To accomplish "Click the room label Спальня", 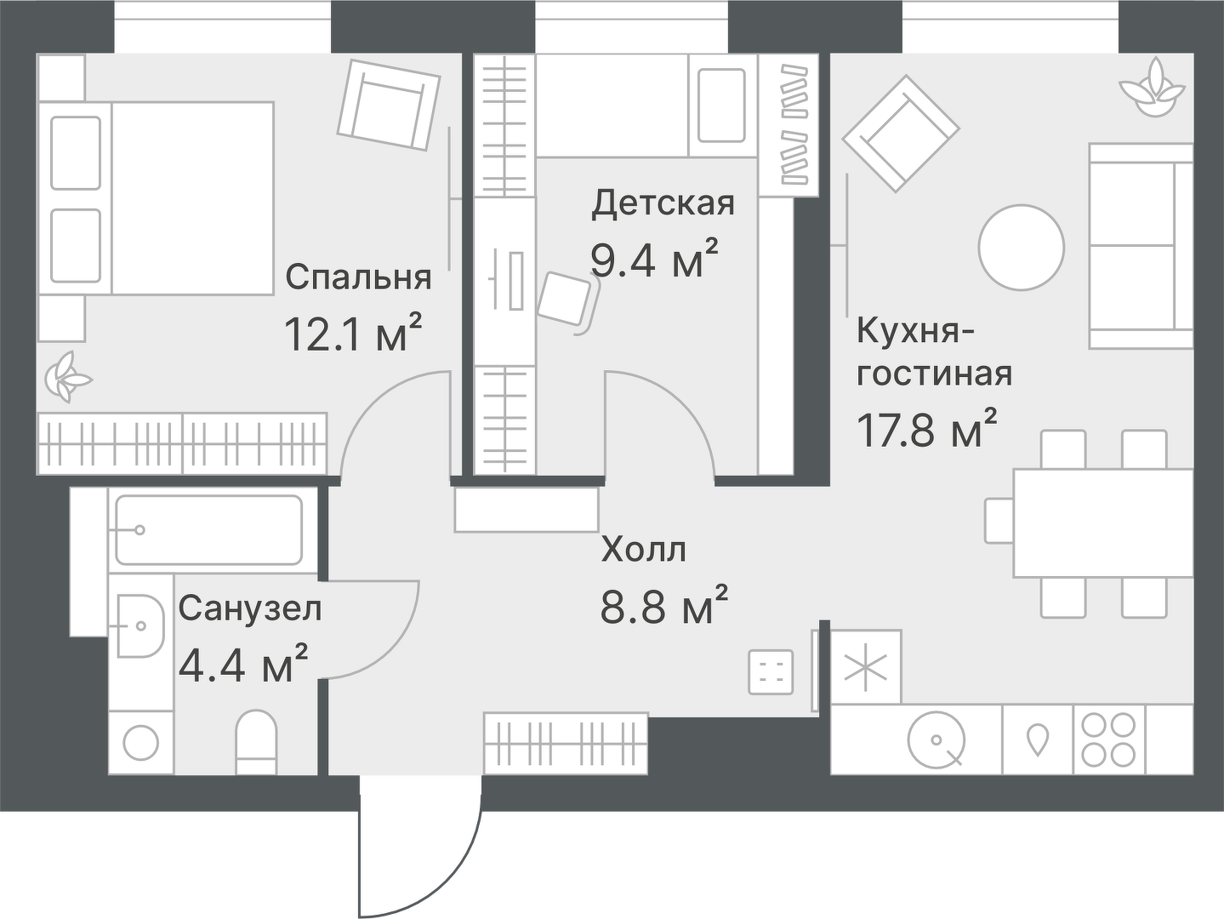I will click(x=358, y=277).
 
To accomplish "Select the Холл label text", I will click(x=643, y=550).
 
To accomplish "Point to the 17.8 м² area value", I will click(x=926, y=430).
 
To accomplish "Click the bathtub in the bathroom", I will click(x=208, y=530).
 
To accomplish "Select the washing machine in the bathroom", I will click(x=141, y=742).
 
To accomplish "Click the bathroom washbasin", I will click(x=139, y=626).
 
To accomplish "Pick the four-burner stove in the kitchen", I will click(x=1108, y=739).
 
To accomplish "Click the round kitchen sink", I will click(x=935, y=739).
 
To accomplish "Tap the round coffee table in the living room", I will click(x=1021, y=247).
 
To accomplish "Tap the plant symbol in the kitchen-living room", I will click(x=1152, y=86).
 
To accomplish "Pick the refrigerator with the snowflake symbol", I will click(x=865, y=666).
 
